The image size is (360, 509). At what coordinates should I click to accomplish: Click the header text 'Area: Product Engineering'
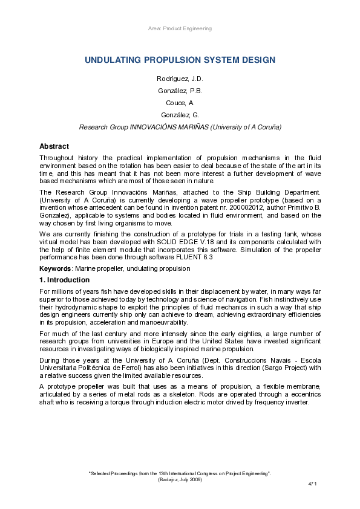pos(180,28)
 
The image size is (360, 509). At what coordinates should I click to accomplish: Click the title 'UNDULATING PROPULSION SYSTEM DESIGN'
pos(180,60)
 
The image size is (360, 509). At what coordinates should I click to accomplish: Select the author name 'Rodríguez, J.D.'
pos(180,79)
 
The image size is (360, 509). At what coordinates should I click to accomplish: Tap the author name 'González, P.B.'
pos(180,91)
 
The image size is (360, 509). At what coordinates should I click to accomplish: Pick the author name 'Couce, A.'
pos(180,103)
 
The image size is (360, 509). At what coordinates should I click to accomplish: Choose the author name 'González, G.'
pos(180,115)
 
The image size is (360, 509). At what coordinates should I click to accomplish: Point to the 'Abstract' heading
pos(54,146)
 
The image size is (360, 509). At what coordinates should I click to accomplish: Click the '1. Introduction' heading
pos(64,280)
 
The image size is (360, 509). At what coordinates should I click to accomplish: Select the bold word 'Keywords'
pos(54,268)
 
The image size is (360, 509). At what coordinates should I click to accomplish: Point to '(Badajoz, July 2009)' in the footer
pos(180,479)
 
